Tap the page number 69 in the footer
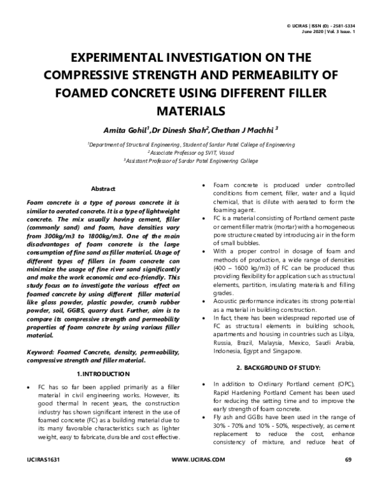[348, 477]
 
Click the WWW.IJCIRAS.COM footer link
[199, 477]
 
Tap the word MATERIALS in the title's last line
[191, 111]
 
